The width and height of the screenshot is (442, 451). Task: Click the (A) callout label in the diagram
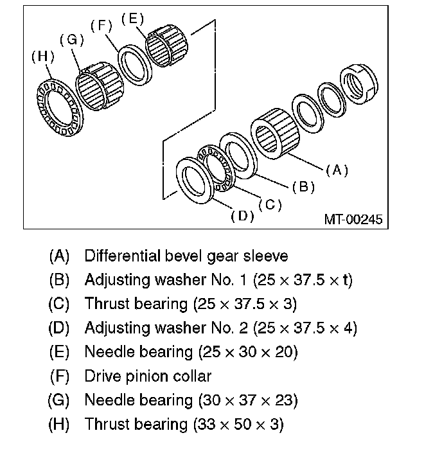click(337, 170)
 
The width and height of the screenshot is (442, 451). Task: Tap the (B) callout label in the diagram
click(303, 187)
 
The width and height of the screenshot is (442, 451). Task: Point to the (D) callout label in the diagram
click(242, 216)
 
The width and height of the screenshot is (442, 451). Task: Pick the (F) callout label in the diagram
click(101, 26)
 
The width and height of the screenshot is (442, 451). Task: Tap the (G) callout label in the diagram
click(72, 40)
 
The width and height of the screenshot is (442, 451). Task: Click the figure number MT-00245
click(353, 220)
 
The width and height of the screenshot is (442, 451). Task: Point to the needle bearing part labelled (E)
click(165, 44)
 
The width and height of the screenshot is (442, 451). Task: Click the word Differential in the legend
click(120, 256)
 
